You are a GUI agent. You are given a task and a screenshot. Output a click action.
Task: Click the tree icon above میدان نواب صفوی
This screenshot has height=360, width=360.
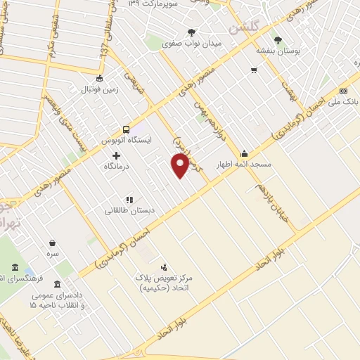191,32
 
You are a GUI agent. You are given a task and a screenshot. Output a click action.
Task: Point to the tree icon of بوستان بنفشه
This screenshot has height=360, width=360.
278,40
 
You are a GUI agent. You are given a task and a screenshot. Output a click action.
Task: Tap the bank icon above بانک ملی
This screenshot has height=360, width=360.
343,91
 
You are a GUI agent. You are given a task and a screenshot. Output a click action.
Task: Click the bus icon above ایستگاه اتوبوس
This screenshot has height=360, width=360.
126,129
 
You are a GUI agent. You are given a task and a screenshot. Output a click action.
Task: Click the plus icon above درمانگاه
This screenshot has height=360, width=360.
117,155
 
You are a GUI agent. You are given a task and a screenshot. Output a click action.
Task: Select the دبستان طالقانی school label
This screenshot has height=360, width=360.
129,210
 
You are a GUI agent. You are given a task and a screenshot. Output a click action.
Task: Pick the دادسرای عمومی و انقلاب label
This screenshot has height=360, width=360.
56,301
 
